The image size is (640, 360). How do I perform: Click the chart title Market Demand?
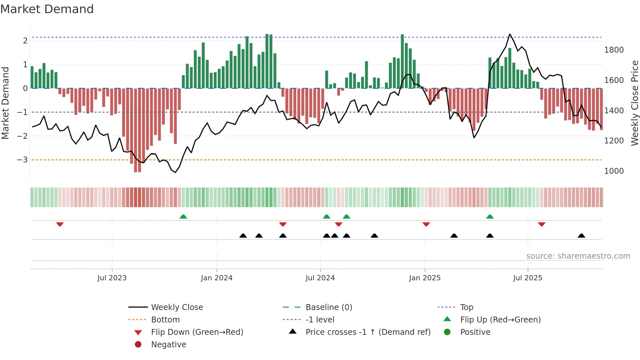coord(47,9)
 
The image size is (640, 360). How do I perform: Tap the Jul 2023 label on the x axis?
coord(112,278)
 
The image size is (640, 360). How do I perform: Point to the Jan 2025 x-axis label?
coord(424,278)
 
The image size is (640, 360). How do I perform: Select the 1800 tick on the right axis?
coord(614,50)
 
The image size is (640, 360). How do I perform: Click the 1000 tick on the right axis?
coord(614,171)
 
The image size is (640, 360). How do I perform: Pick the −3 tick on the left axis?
coord(22,160)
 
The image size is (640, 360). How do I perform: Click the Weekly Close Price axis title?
coord(634,103)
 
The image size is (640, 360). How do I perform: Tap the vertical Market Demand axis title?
coord(5,103)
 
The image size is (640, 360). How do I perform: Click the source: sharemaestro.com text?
coord(578,256)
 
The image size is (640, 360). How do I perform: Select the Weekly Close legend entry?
coord(177,307)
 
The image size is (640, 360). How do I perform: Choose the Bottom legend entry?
coord(165,319)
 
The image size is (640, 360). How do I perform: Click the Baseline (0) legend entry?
coord(328,307)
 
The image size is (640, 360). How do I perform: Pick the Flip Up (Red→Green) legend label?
coord(500,319)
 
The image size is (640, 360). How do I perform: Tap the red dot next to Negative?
coord(138,344)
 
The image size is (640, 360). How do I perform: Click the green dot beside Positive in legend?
coord(447,332)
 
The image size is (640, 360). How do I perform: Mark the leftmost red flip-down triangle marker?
coord(60,224)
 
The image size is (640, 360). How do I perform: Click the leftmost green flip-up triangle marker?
coord(183,217)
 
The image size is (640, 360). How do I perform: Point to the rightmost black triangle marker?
coord(581,236)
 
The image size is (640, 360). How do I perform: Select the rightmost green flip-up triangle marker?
coord(490,217)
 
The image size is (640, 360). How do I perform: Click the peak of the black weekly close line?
coord(510,34)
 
